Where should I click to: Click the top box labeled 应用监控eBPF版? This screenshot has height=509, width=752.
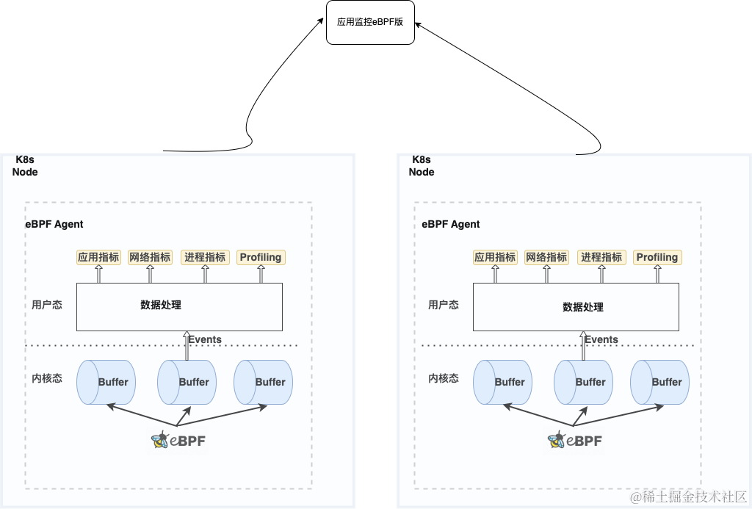[370, 22]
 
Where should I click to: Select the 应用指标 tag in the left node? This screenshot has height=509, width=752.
[98, 257]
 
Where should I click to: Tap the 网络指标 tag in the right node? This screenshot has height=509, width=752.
[546, 257]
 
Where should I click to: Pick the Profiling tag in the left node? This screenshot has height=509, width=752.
[261, 257]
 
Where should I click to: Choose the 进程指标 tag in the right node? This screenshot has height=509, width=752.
[601, 257]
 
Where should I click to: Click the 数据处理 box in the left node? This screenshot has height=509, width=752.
[179, 306]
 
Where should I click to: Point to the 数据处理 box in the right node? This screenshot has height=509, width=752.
[576, 306]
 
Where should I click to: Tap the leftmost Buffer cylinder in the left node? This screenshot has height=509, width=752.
[106, 382]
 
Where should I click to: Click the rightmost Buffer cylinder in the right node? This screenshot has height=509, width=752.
[660, 382]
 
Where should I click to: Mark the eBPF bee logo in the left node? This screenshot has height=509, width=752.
[178, 441]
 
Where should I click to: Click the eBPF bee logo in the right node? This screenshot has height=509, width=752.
[574, 441]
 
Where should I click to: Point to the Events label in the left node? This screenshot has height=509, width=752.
[205, 339]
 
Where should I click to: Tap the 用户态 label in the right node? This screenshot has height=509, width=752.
[444, 305]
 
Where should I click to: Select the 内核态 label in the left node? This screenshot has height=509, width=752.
[47, 378]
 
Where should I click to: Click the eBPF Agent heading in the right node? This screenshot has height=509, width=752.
[451, 224]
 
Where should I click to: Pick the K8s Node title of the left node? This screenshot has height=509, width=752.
[26, 166]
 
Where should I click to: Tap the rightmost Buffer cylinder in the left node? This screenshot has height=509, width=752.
[264, 382]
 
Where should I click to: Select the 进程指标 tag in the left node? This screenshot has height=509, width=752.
[205, 257]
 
